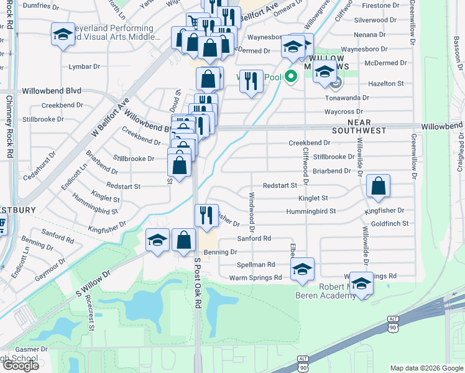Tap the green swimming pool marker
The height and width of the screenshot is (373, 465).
tap(290, 78)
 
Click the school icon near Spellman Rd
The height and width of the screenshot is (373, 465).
tap(302, 268)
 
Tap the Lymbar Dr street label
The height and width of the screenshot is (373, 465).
tap(85, 67)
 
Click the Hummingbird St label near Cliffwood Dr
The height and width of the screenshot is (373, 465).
tap(311, 211)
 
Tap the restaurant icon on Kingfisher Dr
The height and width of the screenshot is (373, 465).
tap(206, 215)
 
